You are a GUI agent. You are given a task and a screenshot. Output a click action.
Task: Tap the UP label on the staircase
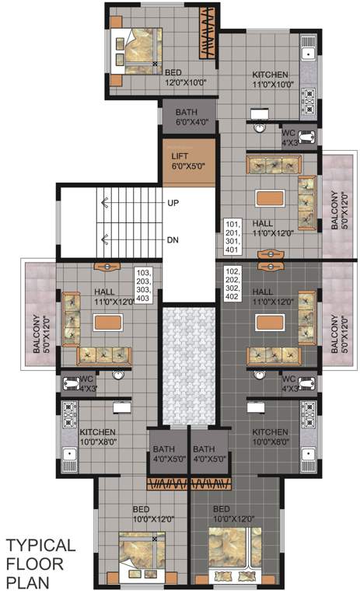click(x=173, y=202)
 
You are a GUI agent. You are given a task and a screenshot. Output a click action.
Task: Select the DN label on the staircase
click(x=173, y=239)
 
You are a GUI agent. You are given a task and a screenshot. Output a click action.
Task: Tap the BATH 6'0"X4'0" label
click(x=186, y=116)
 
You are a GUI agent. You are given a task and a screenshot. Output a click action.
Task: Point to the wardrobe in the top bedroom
click(x=207, y=35)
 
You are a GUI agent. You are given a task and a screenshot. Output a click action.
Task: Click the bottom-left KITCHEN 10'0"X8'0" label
click(x=96, y=436)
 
